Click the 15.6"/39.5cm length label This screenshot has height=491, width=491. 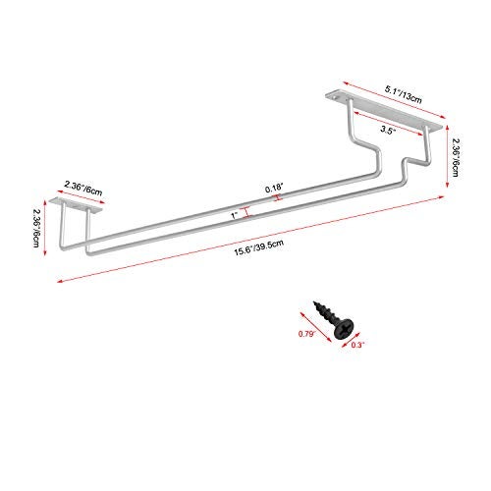click(258, 248)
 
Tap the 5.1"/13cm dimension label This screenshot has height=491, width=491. click(403, 94)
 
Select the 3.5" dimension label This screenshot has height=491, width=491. click(388, 130)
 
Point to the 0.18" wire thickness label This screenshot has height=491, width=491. click(273, 189)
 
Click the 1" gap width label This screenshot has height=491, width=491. click(235, 216)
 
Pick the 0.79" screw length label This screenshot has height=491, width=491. click(306, 334)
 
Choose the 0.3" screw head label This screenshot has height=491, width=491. click(357, 345)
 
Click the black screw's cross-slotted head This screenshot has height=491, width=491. click(345, 329)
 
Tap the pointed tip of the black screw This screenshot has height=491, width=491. click(315, 302)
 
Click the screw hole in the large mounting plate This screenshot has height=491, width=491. click(335, 97)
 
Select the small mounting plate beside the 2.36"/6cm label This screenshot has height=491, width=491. click(76, 205)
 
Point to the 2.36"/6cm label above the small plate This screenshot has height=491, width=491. click(83, 188)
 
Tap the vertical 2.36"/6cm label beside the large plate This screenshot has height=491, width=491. click(456, 157)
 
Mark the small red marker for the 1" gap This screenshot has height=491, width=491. click(247, 212)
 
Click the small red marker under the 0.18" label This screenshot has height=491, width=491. click(278, 197)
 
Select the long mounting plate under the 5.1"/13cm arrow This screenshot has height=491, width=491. click(384, 112)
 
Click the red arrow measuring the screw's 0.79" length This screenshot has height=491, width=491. click(316, 327)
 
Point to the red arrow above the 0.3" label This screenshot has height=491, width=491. click(350, 340)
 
